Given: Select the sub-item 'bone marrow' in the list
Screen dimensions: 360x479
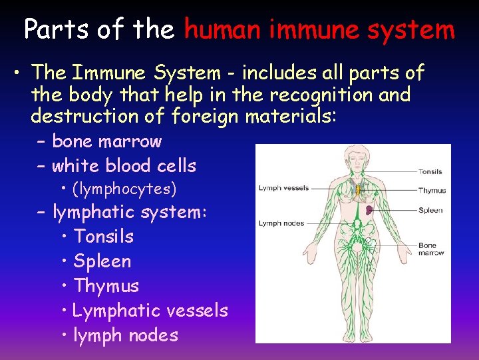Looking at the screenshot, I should [x=106, y=141].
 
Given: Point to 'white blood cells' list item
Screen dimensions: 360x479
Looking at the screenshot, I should [x=124, y=165].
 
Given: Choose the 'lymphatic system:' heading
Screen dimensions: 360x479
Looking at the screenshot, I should [x=130, y=213].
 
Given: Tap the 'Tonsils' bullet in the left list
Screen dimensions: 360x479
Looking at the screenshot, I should [x=104, y=237].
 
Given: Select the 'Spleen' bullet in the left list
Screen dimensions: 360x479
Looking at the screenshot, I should [x=102, y=261].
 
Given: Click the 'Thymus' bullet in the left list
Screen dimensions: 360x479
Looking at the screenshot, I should [x=106, y=286].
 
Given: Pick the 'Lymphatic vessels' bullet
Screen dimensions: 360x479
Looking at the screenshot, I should [x=150, y=311].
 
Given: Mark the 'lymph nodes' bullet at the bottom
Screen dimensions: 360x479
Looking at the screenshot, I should [x=126, y=335].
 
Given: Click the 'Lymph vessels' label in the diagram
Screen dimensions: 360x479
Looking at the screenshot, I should [x=283, y=188].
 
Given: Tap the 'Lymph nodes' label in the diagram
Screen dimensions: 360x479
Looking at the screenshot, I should [x=281, y=223].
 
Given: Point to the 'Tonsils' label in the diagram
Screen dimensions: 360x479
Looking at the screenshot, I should [x=430, y=172].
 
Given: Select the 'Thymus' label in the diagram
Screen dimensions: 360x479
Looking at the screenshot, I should [x=432, y=191].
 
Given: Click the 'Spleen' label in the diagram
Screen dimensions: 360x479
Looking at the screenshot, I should [x=430, y=211].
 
